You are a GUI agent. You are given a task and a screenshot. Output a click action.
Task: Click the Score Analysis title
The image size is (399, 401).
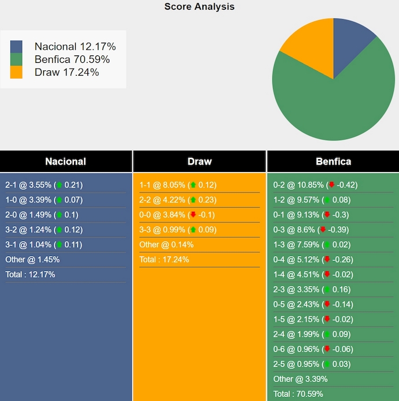point(199,7)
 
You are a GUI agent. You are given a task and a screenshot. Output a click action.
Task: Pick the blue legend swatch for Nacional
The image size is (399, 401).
point(16,47)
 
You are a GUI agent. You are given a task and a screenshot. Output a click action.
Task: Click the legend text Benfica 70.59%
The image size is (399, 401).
point(72,59)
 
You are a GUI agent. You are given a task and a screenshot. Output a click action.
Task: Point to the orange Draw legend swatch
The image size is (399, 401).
point(16,72)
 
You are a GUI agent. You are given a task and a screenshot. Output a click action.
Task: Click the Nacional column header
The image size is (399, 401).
point(65,162)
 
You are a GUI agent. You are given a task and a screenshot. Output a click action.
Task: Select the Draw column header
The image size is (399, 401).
point(199,162)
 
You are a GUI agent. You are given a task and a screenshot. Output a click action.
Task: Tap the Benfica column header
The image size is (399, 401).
point(333,162)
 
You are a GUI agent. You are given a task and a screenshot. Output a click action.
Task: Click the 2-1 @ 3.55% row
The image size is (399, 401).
point(44,185)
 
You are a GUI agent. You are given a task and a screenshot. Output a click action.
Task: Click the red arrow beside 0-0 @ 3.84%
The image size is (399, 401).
point(193,215)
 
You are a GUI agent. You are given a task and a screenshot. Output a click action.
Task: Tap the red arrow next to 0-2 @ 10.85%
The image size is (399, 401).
point(331,185)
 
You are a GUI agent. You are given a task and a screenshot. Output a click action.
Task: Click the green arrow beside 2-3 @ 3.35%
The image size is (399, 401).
point(327,289)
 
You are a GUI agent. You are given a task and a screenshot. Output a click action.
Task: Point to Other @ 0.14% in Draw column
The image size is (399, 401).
point(167,245)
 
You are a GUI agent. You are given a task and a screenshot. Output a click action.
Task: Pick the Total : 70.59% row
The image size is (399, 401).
point(298,394)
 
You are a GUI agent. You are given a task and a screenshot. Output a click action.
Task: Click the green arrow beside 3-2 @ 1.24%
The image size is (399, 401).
point(59,230)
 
